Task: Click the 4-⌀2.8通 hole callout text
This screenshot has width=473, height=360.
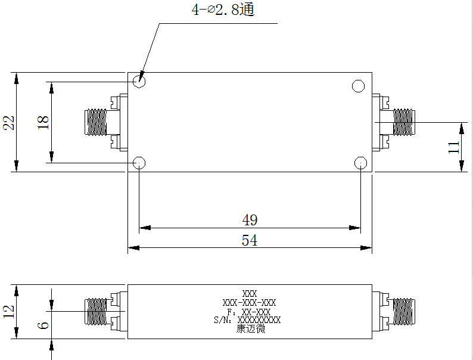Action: point(223,10)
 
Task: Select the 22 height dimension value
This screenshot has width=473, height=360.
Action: point(9,123)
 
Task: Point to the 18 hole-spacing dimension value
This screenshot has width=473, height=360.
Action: point(43,123)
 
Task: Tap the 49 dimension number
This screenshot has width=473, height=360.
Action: point(250,220)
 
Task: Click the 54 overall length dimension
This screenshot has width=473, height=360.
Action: point(250,240)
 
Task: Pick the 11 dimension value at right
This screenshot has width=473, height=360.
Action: point(453,147)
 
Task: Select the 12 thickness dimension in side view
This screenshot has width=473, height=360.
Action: point(9,311)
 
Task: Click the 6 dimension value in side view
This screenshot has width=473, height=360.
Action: point(43,325)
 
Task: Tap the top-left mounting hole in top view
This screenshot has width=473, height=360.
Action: point(139,81)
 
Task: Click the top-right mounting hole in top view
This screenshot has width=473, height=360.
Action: point(358,86)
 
